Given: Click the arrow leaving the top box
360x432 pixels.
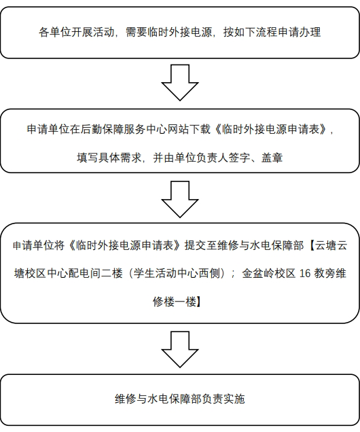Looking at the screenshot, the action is [180, 82].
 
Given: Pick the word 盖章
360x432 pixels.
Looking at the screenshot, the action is [272, 158].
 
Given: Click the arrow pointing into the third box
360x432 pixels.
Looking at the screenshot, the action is [180, 199].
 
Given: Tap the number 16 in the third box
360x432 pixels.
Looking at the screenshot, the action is [305, 274].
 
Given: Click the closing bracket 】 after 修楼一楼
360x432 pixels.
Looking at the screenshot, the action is [199, 302].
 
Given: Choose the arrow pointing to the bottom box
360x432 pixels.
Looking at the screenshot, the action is [180, 349].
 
